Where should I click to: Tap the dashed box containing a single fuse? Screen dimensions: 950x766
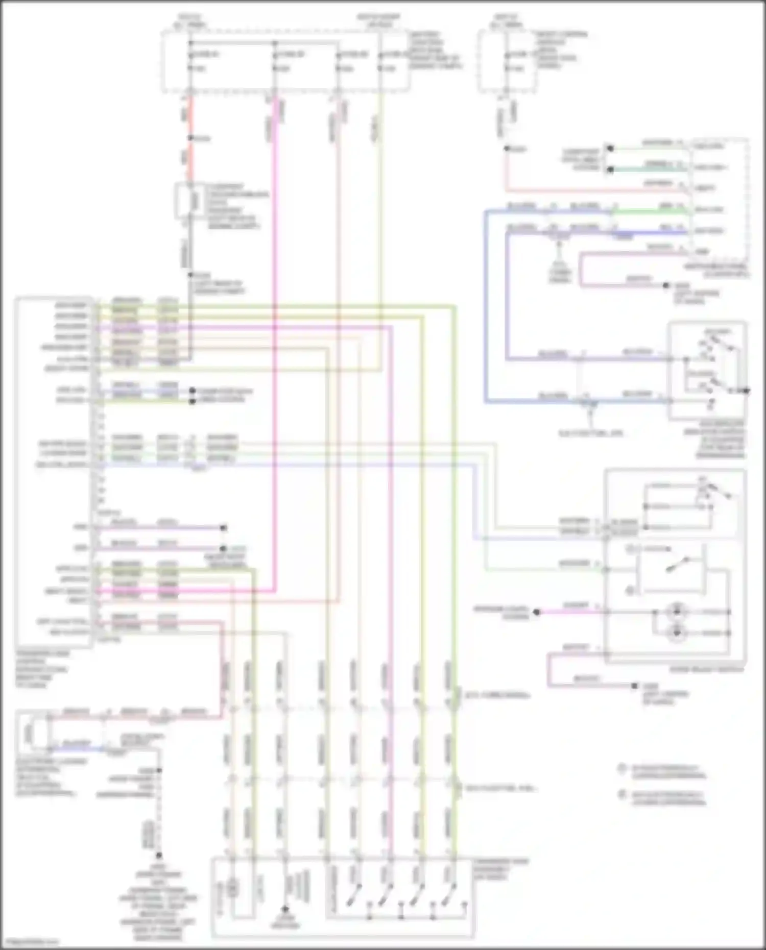coord(507,61)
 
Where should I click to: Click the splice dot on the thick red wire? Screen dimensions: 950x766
coord(190,138)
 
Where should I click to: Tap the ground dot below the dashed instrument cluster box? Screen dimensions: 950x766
coord(666,286)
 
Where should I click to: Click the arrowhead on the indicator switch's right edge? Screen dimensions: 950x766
coord(746,391)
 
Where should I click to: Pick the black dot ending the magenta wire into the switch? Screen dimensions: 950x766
coord(536,612)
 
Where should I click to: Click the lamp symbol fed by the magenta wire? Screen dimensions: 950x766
coord(677,611)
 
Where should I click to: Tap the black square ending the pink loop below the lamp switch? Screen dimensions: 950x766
coord(635,686)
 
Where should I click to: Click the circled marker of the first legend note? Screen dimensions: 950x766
coord(621,768)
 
